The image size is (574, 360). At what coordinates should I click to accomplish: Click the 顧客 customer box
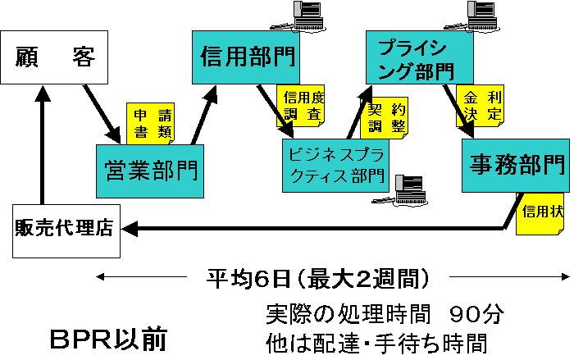(x=56, y=57)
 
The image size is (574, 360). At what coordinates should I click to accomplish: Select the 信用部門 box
(x=245, y=57)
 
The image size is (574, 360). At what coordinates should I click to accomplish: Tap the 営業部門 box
(x=148, y=171)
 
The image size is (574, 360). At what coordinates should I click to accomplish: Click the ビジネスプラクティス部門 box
(x=334, y=164)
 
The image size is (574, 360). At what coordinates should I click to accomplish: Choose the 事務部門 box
(x=514, y=164)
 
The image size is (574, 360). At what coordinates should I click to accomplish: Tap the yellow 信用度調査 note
(x=302, y=107)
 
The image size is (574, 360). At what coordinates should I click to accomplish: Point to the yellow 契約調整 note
(x=385, y=117)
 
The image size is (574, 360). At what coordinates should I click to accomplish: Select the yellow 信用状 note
(x=542, y=212)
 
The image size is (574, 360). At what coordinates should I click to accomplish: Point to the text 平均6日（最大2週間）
(x=319, y=279)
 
